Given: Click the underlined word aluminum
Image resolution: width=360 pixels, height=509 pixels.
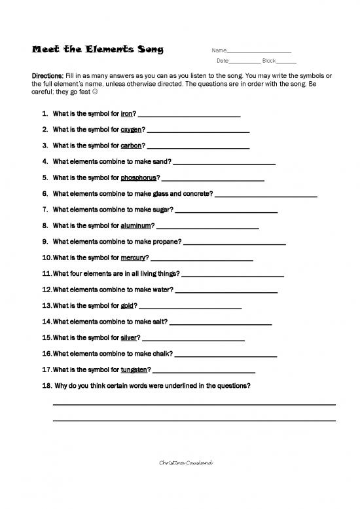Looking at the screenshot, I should click(x=135, y=225).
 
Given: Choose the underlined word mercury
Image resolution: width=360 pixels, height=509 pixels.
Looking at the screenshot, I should click(x=133, y=257).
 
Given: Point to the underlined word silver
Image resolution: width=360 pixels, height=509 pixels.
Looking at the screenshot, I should click(x=129, y=337).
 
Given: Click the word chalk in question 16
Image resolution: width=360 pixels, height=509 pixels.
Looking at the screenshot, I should click(x=163, y=353).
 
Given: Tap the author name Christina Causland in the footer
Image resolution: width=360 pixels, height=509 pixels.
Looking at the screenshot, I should click(x=187, y=463).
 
